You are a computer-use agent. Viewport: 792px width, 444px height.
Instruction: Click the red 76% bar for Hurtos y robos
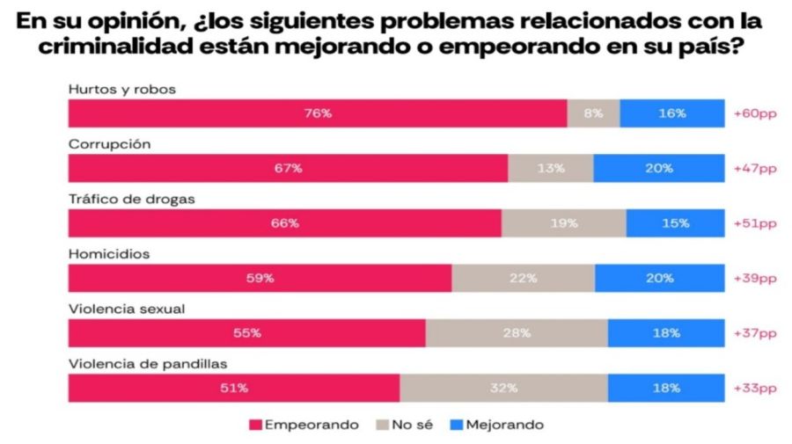point(317,113)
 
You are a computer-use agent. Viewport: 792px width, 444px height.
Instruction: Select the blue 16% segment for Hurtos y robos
point(672,113)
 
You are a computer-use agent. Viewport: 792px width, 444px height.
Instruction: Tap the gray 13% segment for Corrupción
point(550,168)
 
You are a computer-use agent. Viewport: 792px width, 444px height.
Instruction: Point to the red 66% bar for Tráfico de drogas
point(284,223)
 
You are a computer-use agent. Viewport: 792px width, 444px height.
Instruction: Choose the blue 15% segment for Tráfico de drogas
point(675,223)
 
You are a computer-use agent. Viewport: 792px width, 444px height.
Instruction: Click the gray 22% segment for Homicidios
point(523,278)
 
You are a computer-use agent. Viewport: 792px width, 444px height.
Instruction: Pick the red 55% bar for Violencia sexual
point(246,333)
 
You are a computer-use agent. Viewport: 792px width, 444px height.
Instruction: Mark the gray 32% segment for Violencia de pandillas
point(503,388)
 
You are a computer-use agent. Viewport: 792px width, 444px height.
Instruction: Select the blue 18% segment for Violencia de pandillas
point(665,388)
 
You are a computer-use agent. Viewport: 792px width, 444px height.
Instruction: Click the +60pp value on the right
point(755,113)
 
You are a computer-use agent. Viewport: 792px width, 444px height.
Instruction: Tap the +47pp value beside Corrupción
point(755,168)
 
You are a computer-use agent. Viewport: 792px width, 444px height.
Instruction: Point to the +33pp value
point(755,388)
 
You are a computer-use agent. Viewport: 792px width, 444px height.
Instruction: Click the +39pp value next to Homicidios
point(755,278)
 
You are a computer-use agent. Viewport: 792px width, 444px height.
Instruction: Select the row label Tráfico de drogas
point(130,198)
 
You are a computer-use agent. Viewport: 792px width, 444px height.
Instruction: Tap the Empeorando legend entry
point(304,425)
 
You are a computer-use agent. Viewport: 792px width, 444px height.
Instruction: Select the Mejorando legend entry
point(497,425)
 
